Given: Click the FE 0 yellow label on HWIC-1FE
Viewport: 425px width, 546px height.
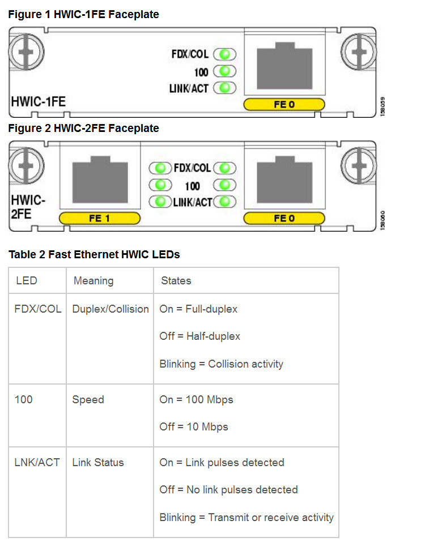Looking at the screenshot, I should point(284,104).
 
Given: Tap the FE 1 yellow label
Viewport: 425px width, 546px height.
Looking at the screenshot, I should point(99,218).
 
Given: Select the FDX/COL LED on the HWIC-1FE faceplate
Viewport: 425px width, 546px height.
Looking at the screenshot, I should point(225,54).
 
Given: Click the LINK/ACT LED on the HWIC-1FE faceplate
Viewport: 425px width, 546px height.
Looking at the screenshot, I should point(225,88).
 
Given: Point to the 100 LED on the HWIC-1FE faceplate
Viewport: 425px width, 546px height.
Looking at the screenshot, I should point(225,71).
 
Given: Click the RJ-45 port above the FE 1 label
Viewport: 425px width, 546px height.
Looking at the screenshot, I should point(99,182).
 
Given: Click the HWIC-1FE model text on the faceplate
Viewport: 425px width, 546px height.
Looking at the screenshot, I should point(39,102).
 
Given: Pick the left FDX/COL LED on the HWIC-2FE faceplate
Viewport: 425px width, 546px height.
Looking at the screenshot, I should point(160,168).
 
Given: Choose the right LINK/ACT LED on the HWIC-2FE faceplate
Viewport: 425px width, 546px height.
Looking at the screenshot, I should point(225,201).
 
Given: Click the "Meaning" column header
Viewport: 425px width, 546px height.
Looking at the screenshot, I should point(93,280).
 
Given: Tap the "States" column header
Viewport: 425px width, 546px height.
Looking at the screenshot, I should point(176,280).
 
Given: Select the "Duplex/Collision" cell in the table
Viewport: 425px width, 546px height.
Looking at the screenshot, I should point(110,309).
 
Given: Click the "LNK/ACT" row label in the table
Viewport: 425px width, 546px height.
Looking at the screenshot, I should point(37,462).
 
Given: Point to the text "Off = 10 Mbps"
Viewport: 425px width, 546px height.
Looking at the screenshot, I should point(194,426).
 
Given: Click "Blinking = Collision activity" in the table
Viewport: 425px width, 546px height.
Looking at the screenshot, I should point(221,364).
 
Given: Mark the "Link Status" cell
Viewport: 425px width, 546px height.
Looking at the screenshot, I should point(98,462).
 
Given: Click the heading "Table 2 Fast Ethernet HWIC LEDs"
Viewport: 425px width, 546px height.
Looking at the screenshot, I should point(94,254).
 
